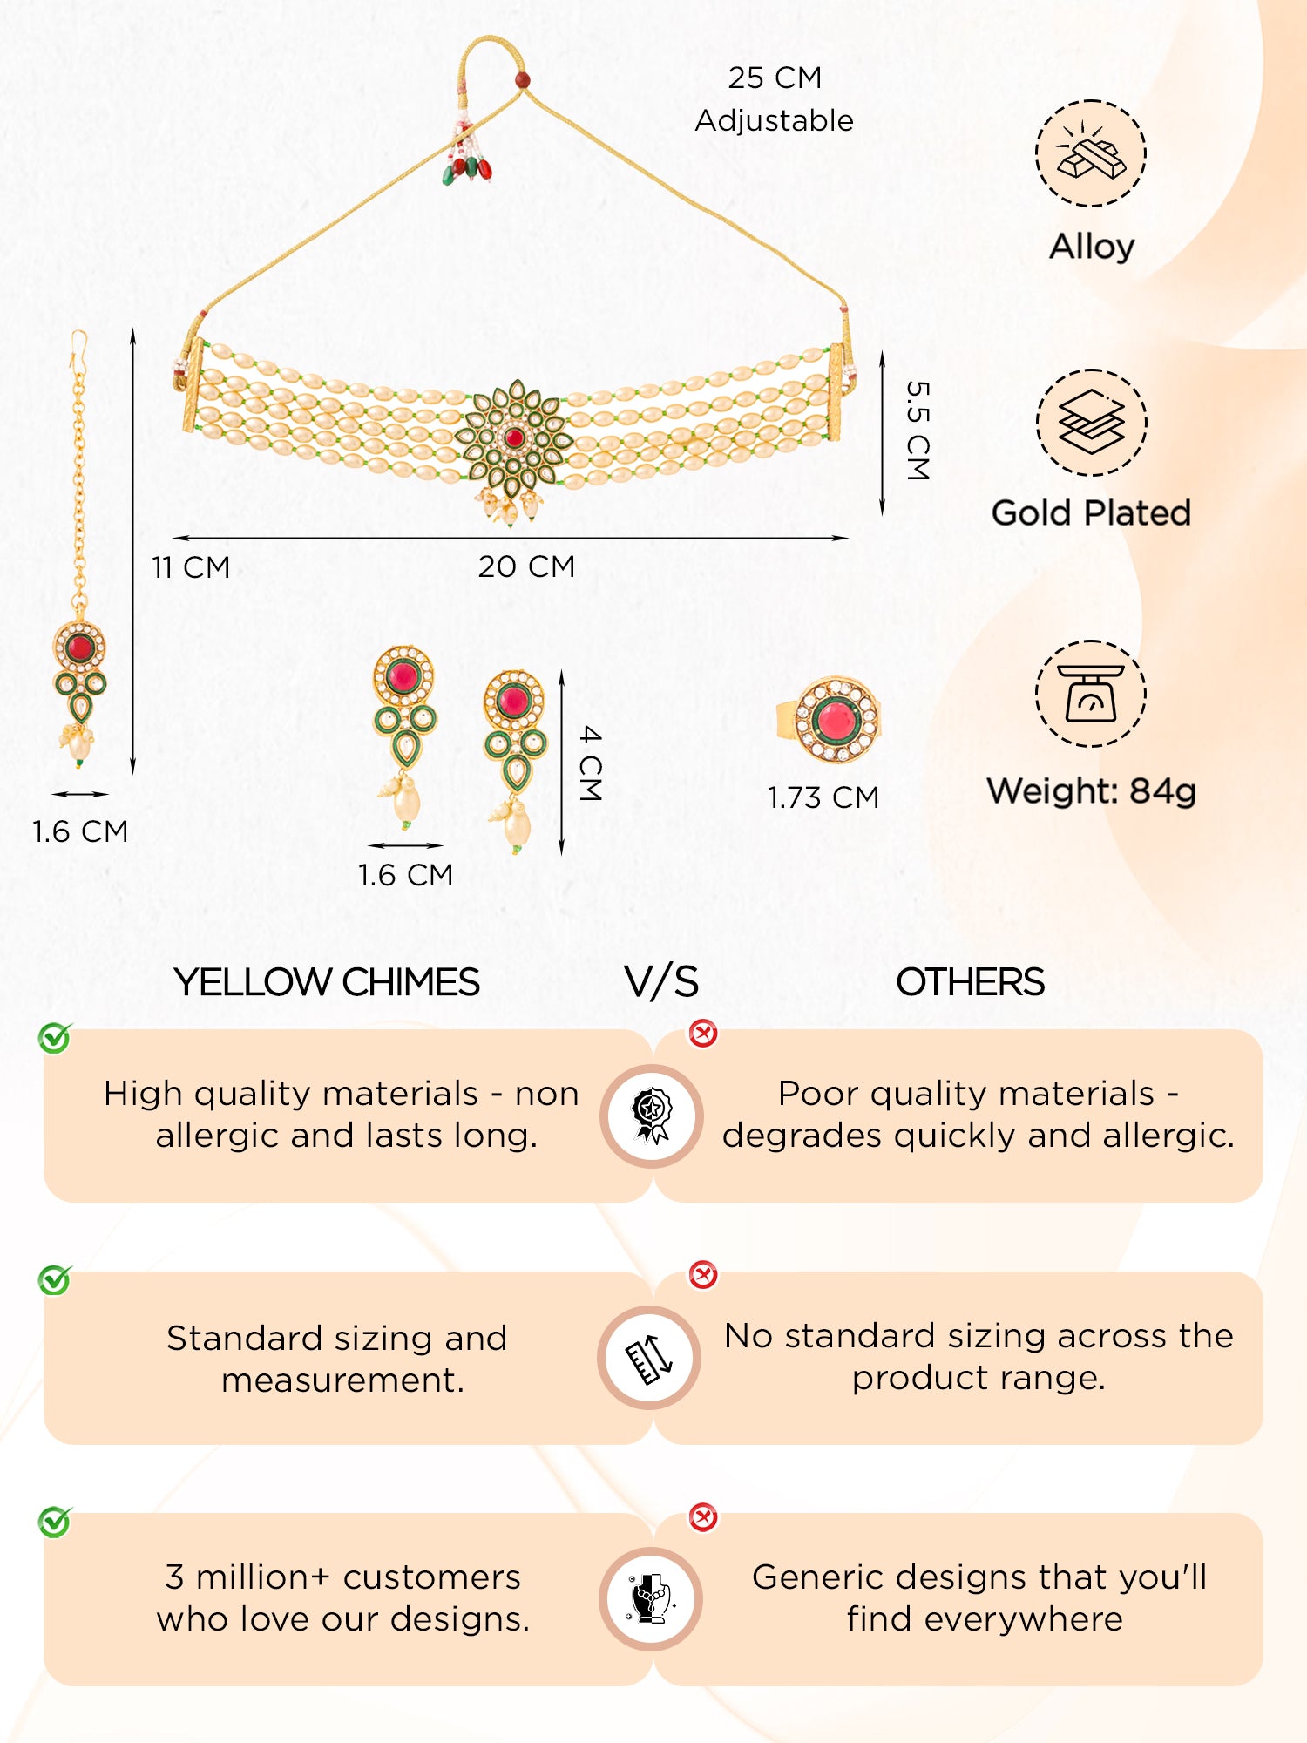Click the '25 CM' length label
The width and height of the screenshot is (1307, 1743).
[775, 78]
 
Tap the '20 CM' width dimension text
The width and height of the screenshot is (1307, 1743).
[526, 566]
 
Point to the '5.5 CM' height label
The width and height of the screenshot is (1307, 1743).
[918, 431]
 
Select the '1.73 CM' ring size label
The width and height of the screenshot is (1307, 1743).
[823, 797]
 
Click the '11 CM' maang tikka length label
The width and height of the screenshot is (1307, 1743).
[191, 567]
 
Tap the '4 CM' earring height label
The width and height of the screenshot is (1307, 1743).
[591, 763]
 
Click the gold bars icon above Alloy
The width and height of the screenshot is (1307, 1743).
[1091, 153]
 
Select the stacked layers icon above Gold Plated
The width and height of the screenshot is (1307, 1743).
[1091, 423]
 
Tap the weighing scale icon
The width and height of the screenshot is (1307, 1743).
[1091, 694]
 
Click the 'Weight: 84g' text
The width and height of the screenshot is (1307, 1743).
[1091, 791]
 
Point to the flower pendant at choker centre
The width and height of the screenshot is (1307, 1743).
[514, 440]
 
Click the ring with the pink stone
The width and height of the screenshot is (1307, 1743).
[832, 719]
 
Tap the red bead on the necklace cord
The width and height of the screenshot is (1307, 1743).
[522, 80]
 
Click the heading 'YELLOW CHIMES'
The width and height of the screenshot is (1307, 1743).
[327, 982]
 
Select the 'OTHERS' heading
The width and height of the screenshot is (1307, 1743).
[970, 982]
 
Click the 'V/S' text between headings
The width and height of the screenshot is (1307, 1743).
[661, 982]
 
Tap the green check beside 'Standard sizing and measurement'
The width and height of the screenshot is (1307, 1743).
[55, 1280]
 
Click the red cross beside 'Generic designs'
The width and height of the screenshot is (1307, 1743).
[703, 1517]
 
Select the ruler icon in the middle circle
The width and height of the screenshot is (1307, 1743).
[650, 1358]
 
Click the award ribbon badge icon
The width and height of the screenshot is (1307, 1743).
[652, 1116]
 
